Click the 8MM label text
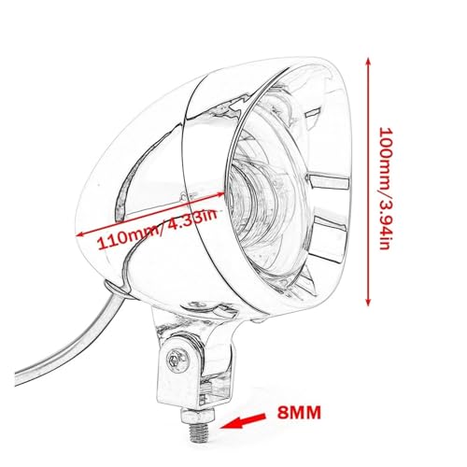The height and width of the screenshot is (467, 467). [299, 413]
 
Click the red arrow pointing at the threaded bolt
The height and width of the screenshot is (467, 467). [242, 421]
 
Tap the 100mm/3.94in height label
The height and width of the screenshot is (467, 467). [385, 188]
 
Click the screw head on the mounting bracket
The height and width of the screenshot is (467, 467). [177, 361]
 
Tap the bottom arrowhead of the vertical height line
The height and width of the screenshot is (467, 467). [368, 302]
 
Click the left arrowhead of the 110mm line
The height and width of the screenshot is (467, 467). [80, 234]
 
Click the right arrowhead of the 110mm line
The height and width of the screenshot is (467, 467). [220, 193]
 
